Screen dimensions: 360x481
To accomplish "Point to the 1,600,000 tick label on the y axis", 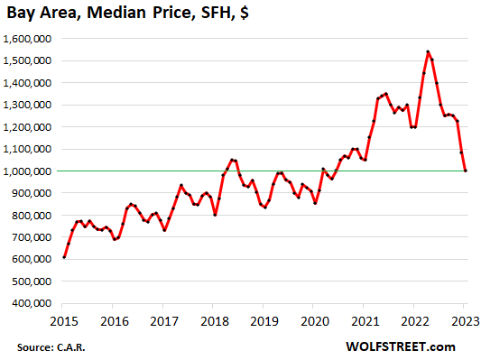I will coord(27,39).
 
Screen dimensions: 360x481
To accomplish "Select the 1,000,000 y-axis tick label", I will coord(27,171).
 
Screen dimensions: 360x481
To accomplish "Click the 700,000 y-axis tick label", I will coord(31,237).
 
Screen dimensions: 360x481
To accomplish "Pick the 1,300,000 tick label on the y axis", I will coord(27,105).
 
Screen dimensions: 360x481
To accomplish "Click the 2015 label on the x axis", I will coord(64,320).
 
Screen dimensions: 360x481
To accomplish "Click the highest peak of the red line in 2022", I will coord(428,51).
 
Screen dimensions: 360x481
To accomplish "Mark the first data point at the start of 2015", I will coord(64,257).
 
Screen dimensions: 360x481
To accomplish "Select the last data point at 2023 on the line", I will coord(466,171).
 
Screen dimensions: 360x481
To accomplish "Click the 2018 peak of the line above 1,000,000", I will coord(232,160).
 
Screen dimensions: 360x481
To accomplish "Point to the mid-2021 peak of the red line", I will coord(386,93).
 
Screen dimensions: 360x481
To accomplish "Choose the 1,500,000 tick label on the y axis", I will coord(27,60).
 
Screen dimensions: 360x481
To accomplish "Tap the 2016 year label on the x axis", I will coord(114,320).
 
